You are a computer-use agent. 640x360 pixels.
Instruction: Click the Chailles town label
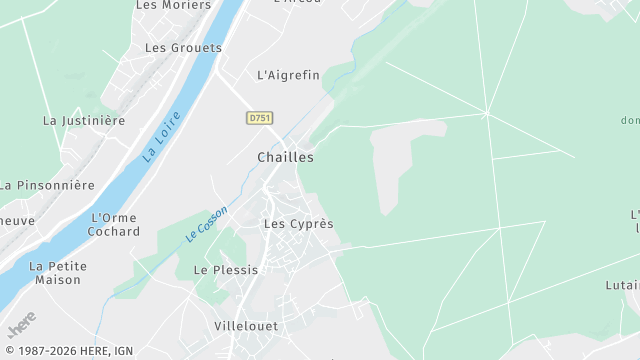click(x=285, y=157)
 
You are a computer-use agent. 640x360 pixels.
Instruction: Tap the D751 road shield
click(x=260, y=118)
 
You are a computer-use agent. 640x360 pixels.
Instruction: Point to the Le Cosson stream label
click(x=207, y=223)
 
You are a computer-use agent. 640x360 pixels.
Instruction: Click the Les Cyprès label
click(x=298, y=224)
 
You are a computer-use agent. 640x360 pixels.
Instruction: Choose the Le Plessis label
click(x=226, y=270)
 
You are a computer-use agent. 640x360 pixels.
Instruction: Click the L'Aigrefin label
click(x=288, y=75)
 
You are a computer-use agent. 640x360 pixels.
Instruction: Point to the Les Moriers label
click(x=166, y=5)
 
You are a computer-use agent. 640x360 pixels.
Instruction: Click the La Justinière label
click(x=84, y=120)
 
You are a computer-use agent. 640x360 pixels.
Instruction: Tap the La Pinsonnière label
click(x=47, y=185)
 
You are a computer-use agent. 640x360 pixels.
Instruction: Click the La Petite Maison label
click(x=58, y=273)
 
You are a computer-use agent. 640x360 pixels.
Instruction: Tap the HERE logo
click(x=21, y=326)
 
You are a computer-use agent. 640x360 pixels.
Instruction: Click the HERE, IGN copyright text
click(x=69, y=351)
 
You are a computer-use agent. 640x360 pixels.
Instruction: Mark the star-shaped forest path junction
click(x=486, y=112)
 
